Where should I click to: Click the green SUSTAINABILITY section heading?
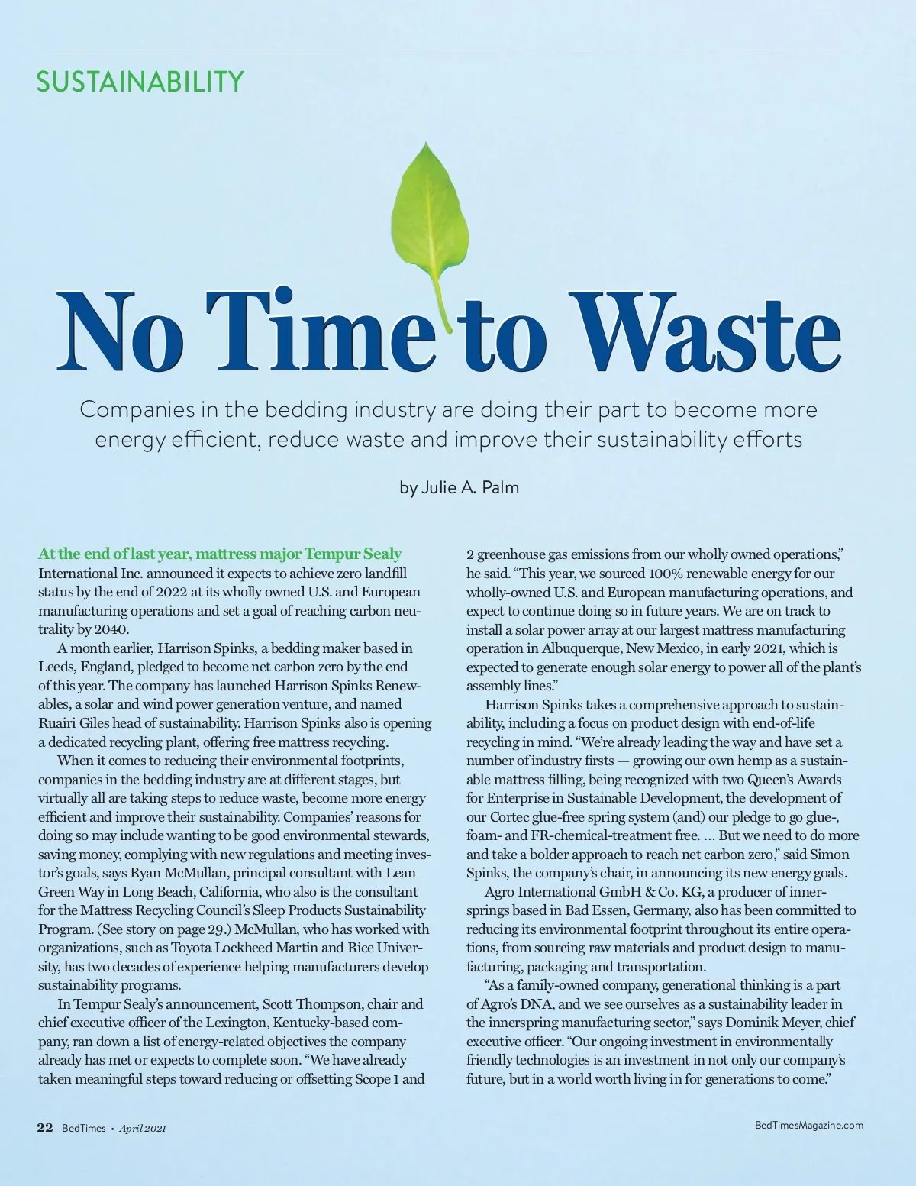[x=140, y=81]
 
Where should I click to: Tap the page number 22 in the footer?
[x=45, y=1127]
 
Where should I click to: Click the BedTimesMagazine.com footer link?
[x=808, y=1125]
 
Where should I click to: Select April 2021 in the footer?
[x=143, y=1128]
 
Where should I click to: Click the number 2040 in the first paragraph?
[x=111, y=629]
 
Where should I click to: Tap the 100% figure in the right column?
[x=666, y=574]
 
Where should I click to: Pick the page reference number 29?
[x=217, y=929]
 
